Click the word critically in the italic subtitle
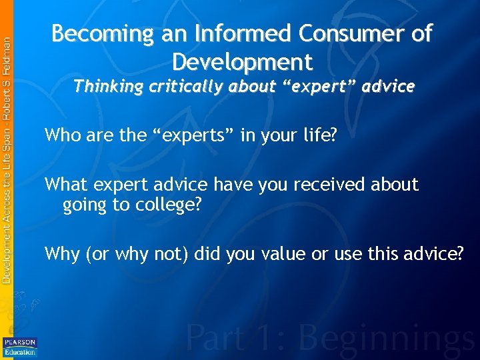(189, 87)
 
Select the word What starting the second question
(65, 185)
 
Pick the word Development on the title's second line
(242, 62)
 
